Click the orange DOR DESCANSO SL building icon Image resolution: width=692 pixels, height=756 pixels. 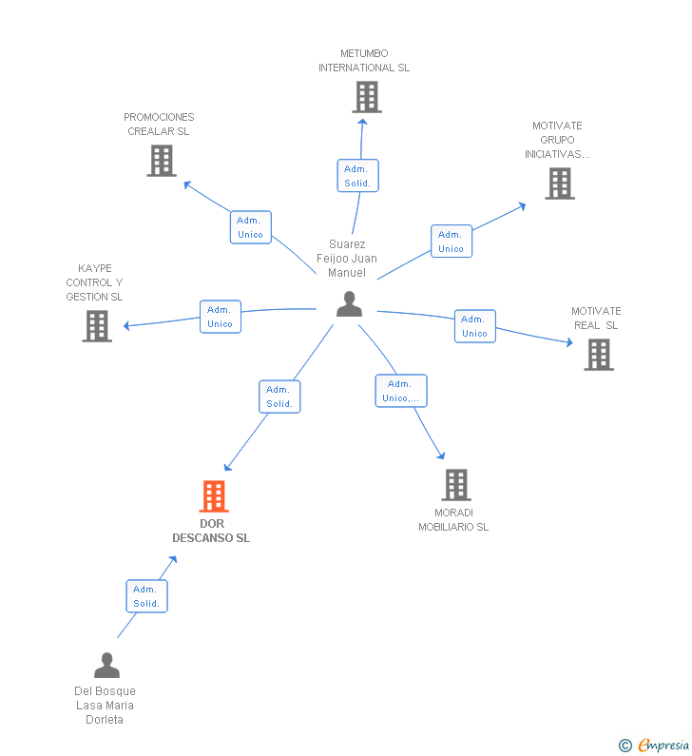pos(214,496)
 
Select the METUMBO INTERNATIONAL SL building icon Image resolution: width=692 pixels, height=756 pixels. pos(367,97)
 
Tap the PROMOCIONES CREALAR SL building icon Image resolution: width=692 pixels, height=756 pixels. pos(162,161)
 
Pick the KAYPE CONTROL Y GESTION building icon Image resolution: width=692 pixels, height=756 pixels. pos(97,326)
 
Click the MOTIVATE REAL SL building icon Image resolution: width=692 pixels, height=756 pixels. pos(599,355)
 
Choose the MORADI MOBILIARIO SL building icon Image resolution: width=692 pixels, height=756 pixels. pos(456,485)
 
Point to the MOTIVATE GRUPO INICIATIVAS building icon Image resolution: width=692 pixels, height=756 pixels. pos(560,184)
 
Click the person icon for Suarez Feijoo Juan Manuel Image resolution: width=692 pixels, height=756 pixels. pos(350,304)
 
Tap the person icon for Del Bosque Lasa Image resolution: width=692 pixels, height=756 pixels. pos(107,666)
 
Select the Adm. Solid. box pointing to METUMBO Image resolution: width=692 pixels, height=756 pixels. pos(358,176)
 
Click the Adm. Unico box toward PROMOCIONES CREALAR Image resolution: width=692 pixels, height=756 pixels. pos(251,227)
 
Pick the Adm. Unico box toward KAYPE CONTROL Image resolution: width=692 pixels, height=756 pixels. pos(221,317)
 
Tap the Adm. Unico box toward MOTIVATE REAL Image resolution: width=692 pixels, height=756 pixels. pos(475,326)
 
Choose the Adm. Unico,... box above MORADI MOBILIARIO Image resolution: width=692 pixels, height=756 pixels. pos(401,391)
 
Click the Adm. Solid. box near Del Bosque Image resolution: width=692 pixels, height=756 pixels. pos(147,596)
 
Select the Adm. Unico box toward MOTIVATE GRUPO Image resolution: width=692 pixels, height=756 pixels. pos(452,242)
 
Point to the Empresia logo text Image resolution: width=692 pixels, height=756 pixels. pos(663,745)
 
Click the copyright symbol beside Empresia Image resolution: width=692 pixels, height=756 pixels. pos(625,746)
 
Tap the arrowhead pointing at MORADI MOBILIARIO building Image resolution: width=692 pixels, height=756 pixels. pos(441,456)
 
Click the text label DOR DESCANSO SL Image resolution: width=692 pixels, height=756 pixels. pos(211,531)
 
